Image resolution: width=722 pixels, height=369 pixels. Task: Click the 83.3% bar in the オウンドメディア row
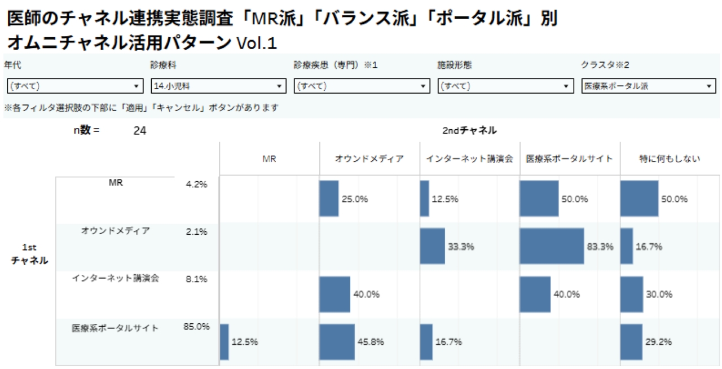click(x=552, y=246)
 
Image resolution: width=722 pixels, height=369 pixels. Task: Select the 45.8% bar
click(x=337, y=342)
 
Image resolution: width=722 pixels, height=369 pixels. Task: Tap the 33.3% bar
click(x=432, y=246)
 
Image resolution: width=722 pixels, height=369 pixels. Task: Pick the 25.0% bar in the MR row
click(x=329, y=199)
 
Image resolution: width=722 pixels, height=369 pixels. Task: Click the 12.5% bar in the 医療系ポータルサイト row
click(x=224, y=342)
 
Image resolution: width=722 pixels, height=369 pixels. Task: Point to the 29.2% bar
click(x=631, y=342)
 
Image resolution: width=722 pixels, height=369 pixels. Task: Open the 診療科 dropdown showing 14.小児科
click(x=218, y=86)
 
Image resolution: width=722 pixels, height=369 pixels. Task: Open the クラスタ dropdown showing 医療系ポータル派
click(x=648, y=86)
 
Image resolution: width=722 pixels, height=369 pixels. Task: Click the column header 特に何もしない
click(x=670, y=159)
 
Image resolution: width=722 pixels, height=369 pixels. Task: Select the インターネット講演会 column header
click(x=469, y=159)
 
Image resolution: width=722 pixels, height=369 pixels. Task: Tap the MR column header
click(x=269, y=159)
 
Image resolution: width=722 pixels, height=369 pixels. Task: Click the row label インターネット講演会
click(x=115, y=278)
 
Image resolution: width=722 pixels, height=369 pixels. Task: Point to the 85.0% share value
click(x=196, y=326)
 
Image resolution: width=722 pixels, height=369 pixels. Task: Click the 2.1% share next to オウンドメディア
click(x=196, y=231)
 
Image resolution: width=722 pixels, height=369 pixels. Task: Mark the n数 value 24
click(x=140, y=131)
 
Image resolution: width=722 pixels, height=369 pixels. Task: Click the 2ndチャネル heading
click(x=470, y=130)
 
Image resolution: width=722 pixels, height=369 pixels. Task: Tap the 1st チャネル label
click(x=29, y=254)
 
